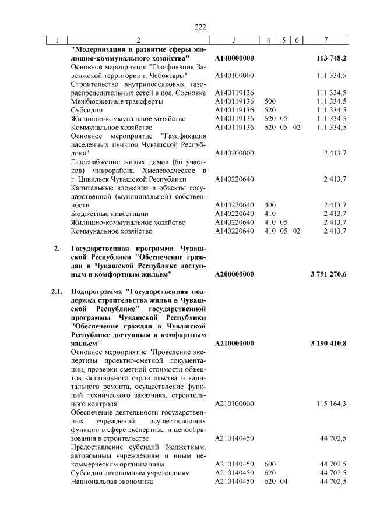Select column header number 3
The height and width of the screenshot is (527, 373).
233,40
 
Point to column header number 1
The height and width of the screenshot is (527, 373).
56,40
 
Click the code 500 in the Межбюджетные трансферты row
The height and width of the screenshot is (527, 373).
270,101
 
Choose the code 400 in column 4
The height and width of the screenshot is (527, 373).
270,205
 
